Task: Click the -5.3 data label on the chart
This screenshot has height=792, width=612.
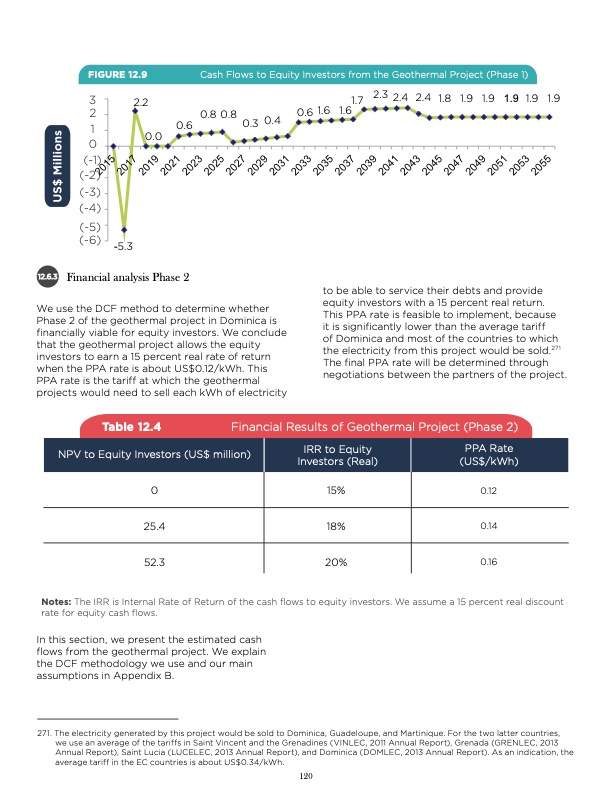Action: coord(125,246)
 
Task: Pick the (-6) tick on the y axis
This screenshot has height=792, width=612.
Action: coord(91,240)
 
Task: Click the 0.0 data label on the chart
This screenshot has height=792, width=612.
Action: coord(154,136)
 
